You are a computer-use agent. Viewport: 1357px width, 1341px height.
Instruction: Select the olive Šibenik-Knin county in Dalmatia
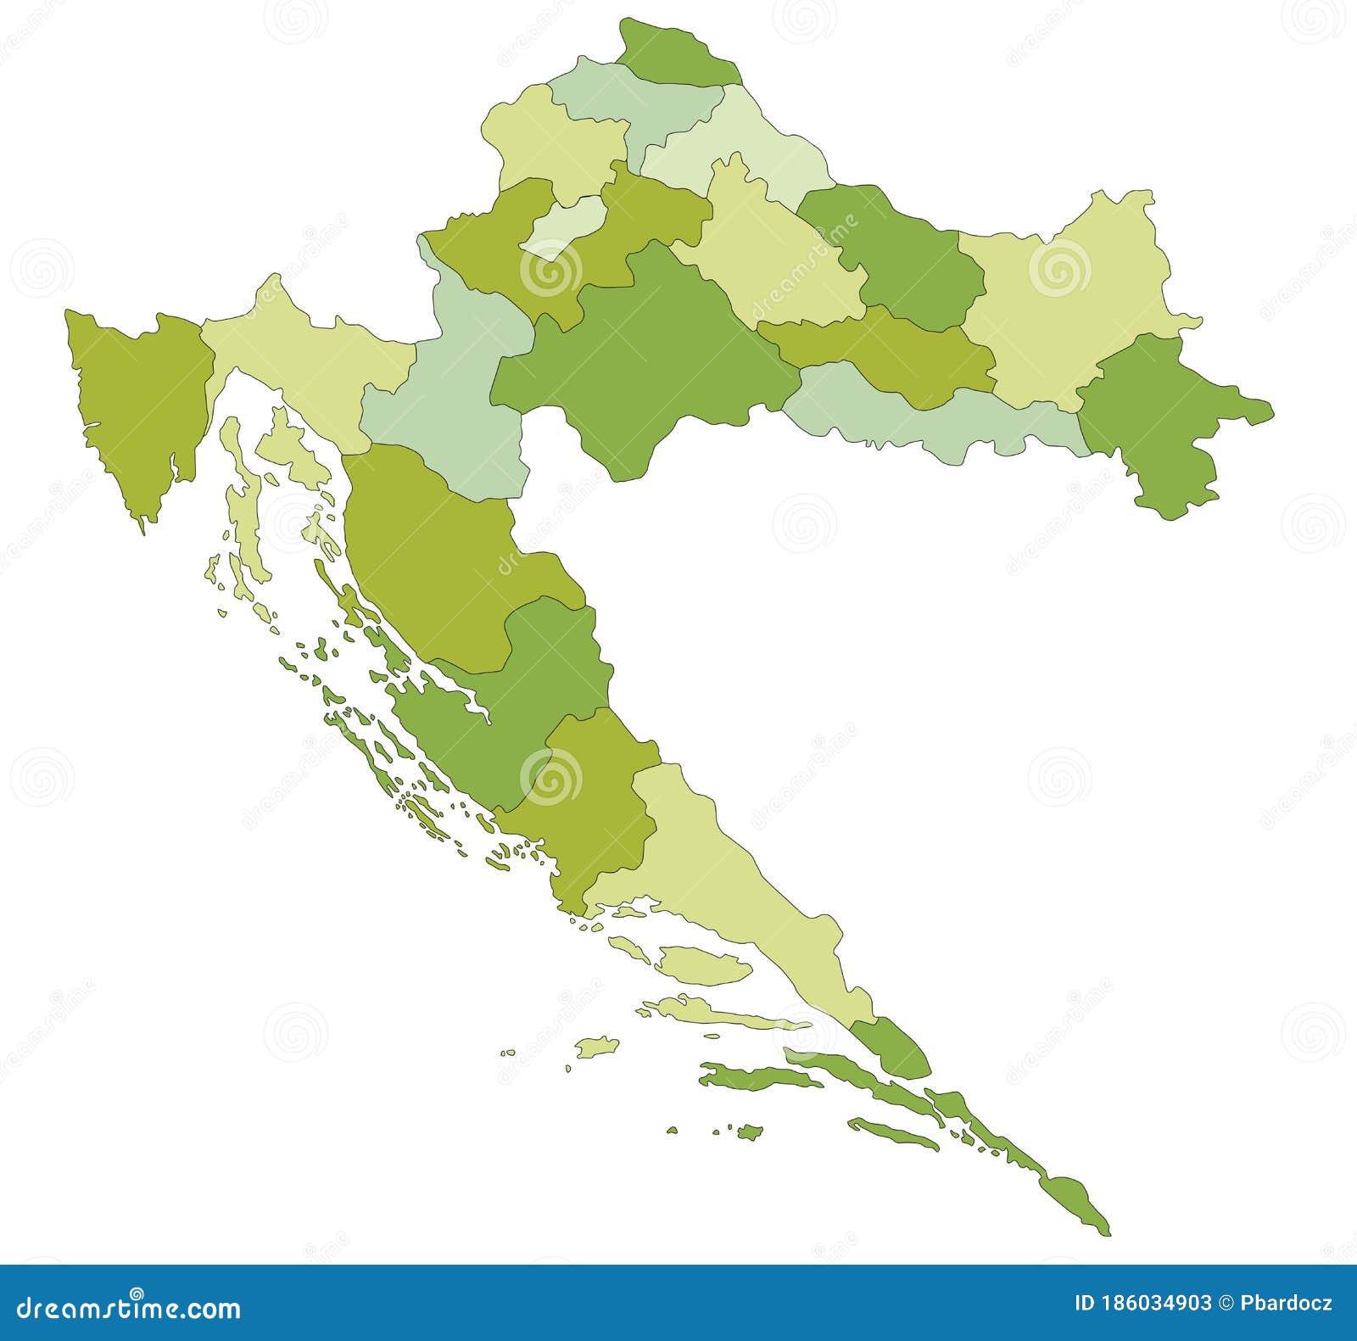(585, 806)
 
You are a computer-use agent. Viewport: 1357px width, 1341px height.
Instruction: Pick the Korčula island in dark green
(755, 1077)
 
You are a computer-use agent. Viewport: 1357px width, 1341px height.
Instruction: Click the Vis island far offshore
(597, 1045)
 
